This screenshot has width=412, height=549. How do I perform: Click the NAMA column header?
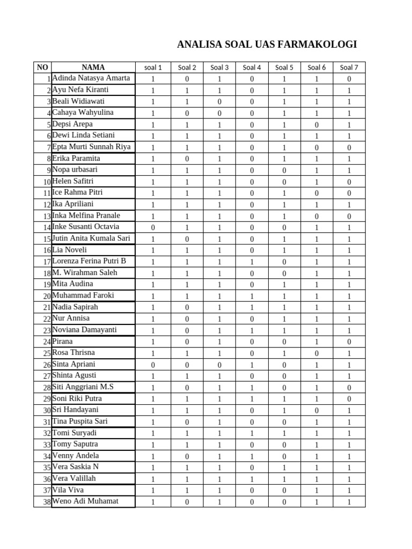click(93, 68)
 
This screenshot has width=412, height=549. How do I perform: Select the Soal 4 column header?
click(252, 68)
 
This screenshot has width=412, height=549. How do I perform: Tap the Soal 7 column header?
click(349, 68)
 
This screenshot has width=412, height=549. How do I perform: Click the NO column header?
click(42, 68)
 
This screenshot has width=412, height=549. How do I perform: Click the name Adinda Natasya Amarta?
click(91, 78)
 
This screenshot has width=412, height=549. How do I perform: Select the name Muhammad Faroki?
click(83, 295)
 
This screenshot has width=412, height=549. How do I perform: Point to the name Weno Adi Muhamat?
click(85, 501)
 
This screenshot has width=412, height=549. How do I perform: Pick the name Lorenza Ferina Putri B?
click(89, 261)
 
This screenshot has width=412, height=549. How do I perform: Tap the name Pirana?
click(62, 341)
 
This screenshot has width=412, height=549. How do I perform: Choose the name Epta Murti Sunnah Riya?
click(91, 147)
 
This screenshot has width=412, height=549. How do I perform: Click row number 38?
click(47, 502)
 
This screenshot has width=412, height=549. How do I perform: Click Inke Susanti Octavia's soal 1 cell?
click(153, 228)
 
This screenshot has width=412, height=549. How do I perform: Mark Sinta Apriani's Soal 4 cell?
click(252, 365)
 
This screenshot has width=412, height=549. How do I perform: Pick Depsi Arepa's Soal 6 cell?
click(317, 125)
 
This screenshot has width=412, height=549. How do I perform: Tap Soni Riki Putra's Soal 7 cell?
click(349, 399)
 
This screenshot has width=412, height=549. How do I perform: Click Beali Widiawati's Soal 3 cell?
click(219, 102)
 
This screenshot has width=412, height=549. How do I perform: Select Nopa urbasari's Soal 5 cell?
click(284, 170)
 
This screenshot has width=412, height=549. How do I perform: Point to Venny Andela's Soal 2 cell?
click(187, 457)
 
